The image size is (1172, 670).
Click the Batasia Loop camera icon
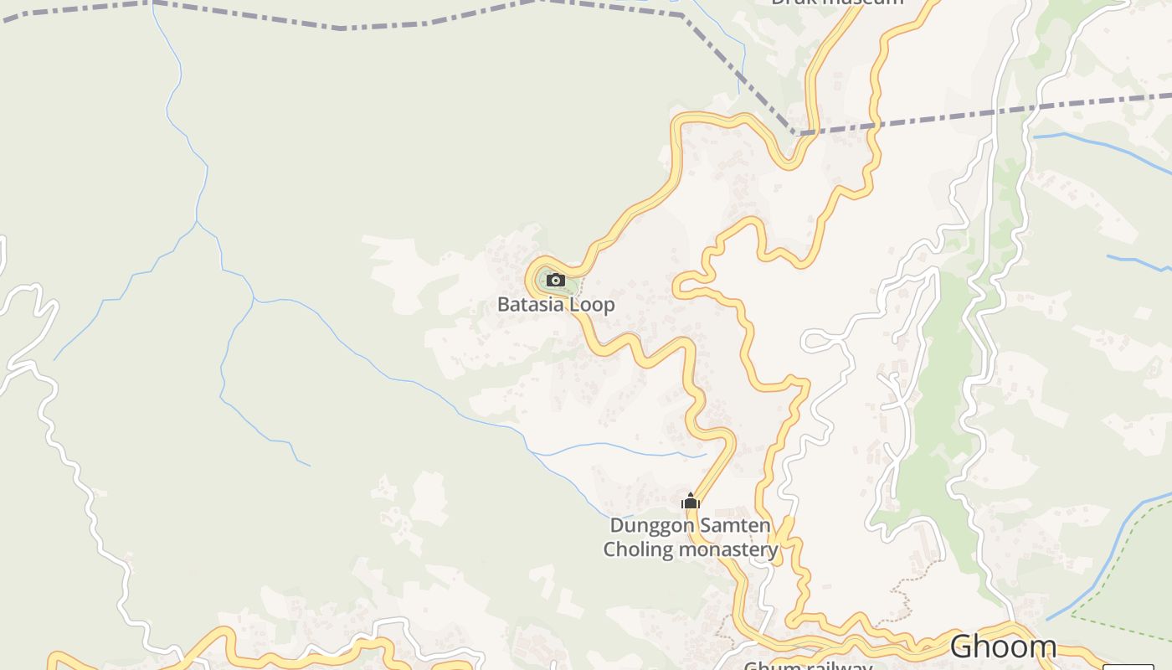coord(555,280)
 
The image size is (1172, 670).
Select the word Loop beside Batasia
coord(592,304)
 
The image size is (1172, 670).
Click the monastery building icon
coord(690,502)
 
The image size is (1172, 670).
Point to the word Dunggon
coord(652,526)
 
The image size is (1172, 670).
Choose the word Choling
coord(638,549)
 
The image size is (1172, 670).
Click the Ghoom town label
coord(1003,647)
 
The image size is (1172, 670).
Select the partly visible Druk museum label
coord(837,3)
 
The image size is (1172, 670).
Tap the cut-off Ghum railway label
coord(808,666)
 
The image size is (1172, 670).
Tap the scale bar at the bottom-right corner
coord(1128,666)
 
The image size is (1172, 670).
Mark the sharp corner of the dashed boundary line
coord(795,132)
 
